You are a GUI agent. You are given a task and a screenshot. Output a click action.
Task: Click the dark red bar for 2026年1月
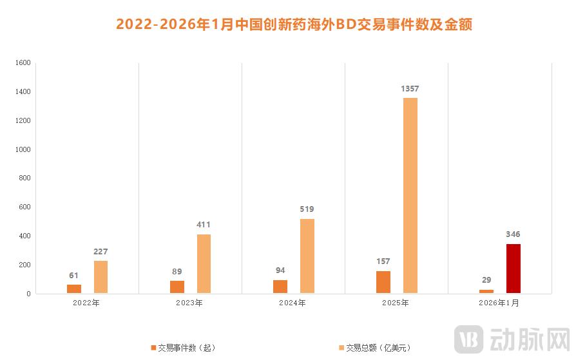[513, 269]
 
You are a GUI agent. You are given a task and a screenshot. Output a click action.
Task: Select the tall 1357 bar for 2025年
[410, 195]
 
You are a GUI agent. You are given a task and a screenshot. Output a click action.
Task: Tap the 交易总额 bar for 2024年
[307, 256]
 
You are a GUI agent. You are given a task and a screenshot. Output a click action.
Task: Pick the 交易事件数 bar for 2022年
[74, 289]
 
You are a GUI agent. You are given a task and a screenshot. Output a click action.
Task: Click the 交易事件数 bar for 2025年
[383, 282]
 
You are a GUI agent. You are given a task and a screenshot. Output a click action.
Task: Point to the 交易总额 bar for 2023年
[204, 263]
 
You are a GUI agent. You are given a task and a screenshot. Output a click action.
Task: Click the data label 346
[513, 234]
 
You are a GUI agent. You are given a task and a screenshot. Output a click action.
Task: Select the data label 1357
[410, 88]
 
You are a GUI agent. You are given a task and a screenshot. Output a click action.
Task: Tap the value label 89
[177, 271]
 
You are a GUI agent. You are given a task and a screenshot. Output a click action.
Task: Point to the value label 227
[101, 251]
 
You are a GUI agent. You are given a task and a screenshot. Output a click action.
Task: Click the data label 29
[486, 280]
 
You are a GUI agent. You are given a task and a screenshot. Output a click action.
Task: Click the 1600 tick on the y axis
[23, 63]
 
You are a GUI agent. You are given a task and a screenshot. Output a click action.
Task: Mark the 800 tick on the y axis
[24, 178]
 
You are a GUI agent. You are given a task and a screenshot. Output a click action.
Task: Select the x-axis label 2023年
[190, 303]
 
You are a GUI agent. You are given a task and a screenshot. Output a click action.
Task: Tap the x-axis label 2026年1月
[499, 303]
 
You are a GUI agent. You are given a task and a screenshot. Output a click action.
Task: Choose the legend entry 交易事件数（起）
[183, 348]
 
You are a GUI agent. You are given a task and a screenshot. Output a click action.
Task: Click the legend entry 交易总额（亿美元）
[374, 348]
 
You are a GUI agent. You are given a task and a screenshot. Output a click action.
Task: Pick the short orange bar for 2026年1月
[486, 291]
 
